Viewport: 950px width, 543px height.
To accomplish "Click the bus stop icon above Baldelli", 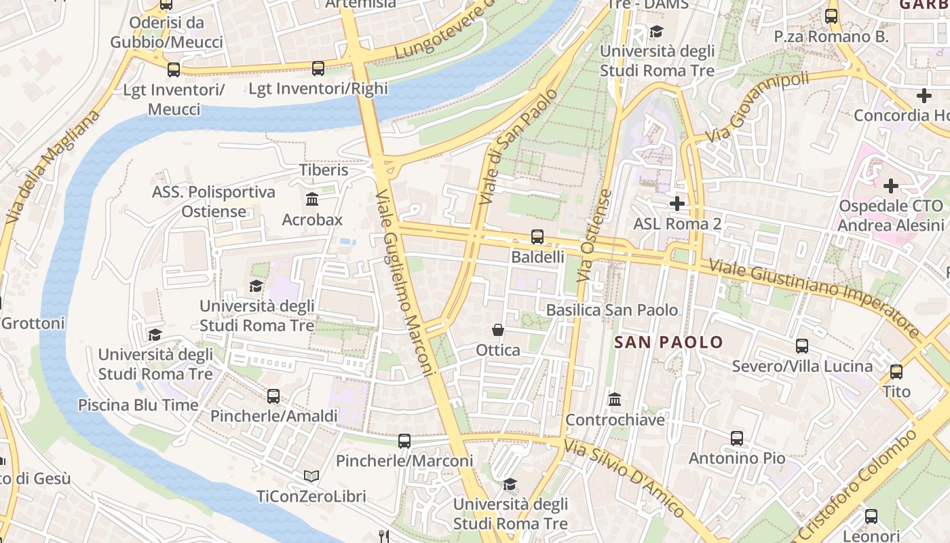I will point(537,237).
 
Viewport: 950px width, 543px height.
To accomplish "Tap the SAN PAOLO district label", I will point(668,342).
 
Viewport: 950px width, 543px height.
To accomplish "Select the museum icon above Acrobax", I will point(312,200).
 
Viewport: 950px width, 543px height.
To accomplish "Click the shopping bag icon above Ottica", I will point(498,330).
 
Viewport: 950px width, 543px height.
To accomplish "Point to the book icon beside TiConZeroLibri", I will point(311,476).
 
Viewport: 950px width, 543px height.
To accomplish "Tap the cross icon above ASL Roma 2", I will point(677,203).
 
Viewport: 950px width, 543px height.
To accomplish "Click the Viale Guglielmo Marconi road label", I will point(404,282).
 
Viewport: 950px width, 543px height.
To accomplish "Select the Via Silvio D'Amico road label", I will point(624,479).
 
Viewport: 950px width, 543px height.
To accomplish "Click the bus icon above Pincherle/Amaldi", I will point(273,396).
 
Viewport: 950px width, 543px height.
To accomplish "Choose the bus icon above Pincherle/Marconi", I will point(404,441).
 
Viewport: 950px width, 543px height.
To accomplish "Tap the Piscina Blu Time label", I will point(138,405).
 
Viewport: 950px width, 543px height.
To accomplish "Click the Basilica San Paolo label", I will point(612,310).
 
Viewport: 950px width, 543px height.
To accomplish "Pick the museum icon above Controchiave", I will point(615,400).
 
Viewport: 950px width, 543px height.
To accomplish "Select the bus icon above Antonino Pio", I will point(737,438).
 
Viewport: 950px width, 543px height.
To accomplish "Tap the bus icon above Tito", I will point(896,372).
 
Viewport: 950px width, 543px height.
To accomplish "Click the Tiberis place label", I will point(324,170).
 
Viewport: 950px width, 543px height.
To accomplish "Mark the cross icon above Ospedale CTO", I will point(891,185).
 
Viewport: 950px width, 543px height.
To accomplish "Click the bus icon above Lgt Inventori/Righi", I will point(318,69).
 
